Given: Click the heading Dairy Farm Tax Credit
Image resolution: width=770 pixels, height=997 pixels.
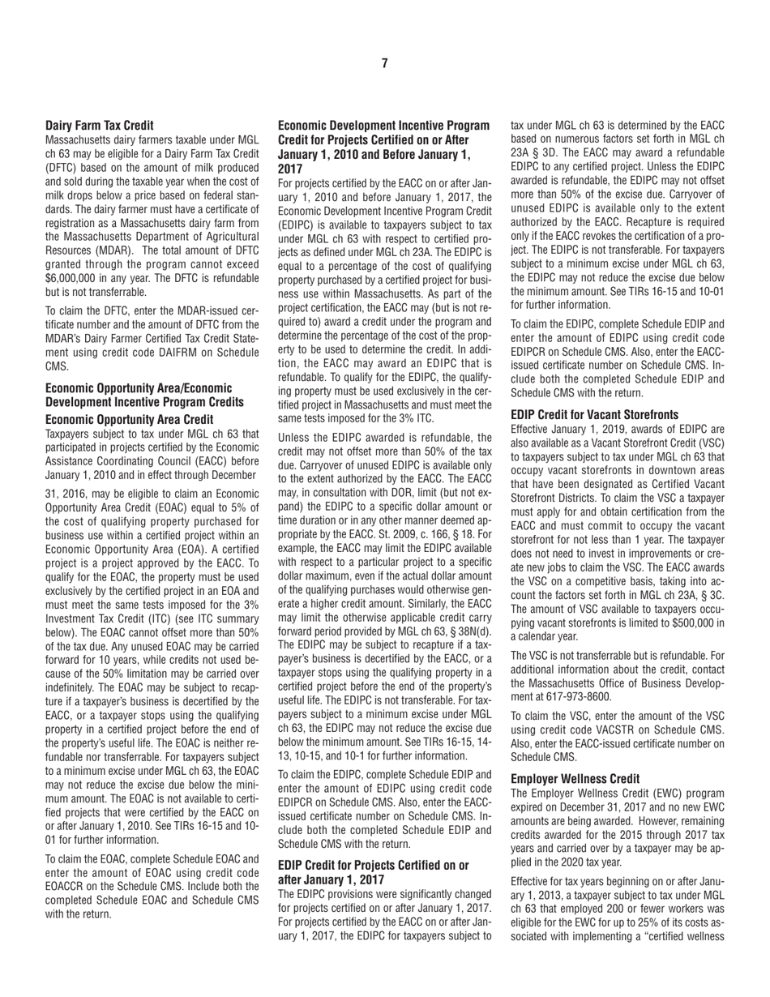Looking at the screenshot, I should pos(100,126).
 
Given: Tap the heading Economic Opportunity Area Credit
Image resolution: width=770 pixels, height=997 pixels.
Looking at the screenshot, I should pos(130,419).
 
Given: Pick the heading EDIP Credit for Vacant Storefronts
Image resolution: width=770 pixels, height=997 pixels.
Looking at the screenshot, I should pos(594,414).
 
